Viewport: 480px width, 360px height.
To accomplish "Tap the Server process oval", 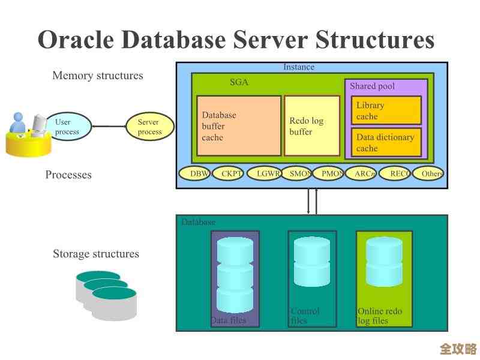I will (x=149, y=127).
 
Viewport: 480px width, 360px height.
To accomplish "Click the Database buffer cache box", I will (x=239, y=126).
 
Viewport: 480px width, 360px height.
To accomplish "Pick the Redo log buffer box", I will (x=311, y=126).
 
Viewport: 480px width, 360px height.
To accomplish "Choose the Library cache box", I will (x=386, y=110).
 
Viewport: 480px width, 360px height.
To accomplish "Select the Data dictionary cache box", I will (x=386, y=143).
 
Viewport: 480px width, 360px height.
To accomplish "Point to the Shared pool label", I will (x=372, y=86).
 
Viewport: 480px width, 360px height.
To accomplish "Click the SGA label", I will (x=239, y=83).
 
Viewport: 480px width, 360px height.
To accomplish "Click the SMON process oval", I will (x=298, y=174).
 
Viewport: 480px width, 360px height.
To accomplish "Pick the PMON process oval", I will (x=329, y=174).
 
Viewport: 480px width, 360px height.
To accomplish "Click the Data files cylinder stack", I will (x=235, y=274).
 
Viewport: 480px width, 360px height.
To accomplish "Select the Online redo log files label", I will (x=380, y=316).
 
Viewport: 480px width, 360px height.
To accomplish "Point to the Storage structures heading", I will (x=96, y=254).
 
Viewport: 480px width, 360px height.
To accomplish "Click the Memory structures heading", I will (x=98, y=76).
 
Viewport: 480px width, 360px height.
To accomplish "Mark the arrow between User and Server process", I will (x=108, y=127).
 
